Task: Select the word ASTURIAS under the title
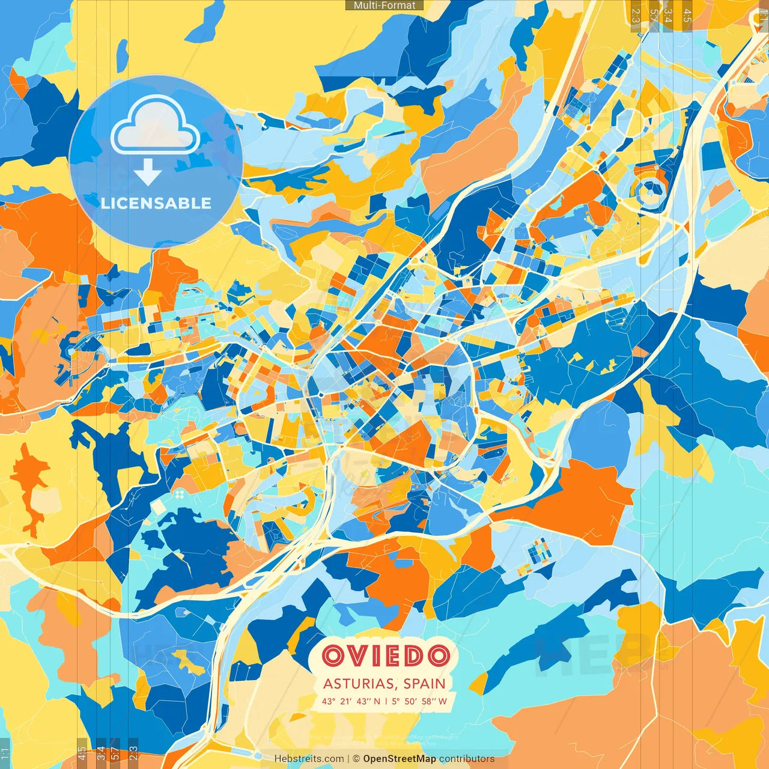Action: [358, 684]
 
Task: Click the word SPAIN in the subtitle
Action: [425, 684]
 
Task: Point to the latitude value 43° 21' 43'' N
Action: [351, 701]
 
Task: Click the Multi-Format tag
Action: [384, 5]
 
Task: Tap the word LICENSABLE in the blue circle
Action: [156, 203]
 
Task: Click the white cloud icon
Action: [156, 125]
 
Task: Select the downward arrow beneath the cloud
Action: [147, 173]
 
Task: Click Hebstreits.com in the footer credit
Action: [309, 759]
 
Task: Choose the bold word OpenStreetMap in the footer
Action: [400, 759]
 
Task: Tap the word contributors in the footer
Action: [467, 759]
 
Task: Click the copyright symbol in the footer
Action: [356, 759]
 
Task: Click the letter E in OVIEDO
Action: [391, 656]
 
